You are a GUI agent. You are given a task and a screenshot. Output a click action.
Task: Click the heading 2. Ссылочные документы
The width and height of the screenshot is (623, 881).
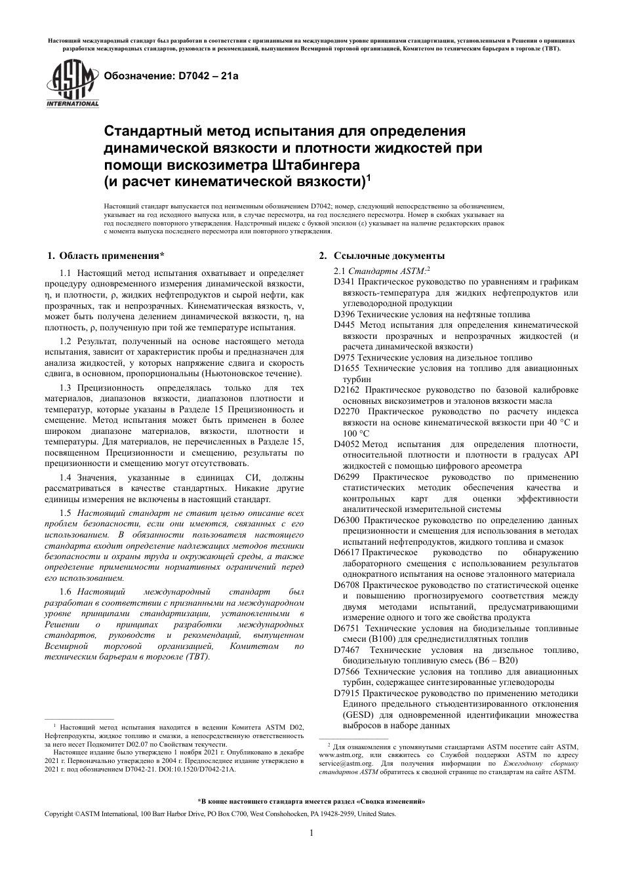[x=382, y=256]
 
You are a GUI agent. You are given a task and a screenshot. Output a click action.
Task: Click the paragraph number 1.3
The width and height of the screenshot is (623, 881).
[x=66, y=388]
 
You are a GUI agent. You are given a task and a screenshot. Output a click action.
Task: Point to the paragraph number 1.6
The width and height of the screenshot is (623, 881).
[x=66, y=591]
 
